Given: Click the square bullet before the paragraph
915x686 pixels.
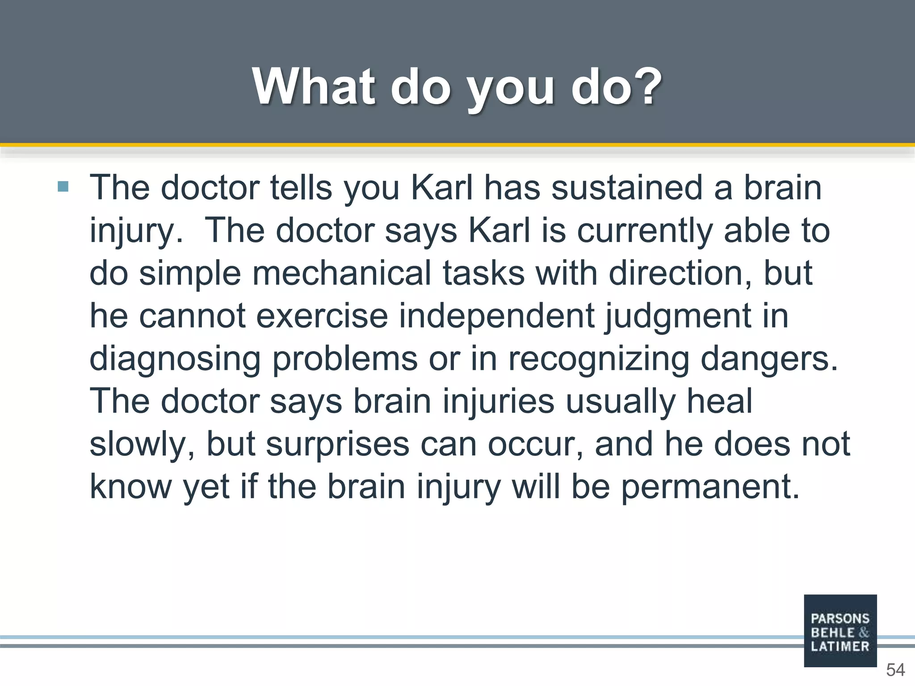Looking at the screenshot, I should pos(63,186).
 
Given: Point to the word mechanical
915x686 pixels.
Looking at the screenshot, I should pos(342,273).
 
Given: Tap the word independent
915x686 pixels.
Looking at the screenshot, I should pos(496,316).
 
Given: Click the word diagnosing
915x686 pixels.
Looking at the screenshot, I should pos(175,359).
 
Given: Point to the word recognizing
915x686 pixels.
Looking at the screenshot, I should pos(599,359).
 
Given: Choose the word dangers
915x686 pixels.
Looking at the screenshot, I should pos(768,359).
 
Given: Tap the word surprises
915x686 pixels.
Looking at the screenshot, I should pos(337,444).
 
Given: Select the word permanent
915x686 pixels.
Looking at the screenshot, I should pos(710,487).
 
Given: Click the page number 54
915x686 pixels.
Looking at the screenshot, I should pos(895,670).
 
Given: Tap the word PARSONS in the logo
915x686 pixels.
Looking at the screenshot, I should pos(840,619).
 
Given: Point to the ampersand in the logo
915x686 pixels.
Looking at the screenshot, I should pos(864,632).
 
